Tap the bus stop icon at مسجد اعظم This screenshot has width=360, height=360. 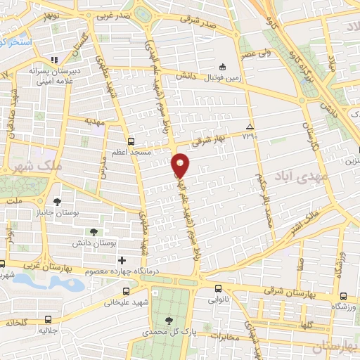(x=131, y=141)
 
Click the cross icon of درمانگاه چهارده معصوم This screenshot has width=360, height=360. (x=122, y=261)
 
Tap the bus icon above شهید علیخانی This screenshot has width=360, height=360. (x=125, y=292)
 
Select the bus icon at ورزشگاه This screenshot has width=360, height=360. (x=342, y=297)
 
